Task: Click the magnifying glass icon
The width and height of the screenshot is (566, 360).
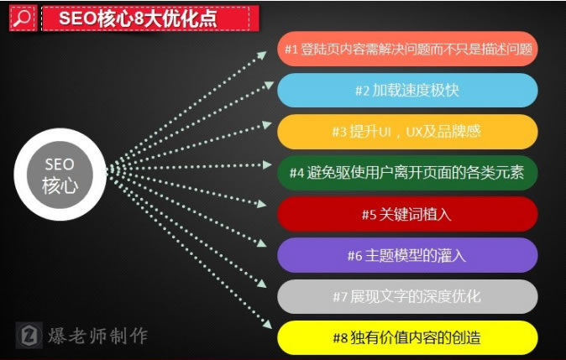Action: tap(23, 18)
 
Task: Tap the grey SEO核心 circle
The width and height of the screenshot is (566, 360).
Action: tap(60, 175)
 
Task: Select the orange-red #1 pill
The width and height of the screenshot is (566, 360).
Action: tap(407, 49)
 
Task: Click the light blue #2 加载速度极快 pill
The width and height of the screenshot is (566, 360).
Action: tap(407, 90)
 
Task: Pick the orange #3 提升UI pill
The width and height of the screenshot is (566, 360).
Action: tap(407, 132)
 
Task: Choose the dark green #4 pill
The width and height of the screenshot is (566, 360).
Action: tap(407, 173)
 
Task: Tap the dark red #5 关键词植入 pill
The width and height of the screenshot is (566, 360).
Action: tap(407, 214)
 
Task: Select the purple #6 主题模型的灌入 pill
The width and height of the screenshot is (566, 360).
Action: tap(407, 255)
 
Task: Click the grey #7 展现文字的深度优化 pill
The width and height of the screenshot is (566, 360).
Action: tap(407, 296)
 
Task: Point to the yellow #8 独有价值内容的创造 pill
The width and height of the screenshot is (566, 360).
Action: tap(407, 338)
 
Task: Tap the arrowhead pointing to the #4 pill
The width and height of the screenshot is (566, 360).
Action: tap(267, 164)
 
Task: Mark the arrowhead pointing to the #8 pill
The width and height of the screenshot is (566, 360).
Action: tap(267, 324)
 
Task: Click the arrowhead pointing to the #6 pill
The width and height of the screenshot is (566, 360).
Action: tap(262, 243)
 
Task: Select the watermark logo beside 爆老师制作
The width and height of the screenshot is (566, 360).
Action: tap(29, 335)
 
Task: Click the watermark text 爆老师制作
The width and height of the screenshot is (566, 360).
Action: tap(97, 336)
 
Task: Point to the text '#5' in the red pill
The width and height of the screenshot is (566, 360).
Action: tap(369, 215)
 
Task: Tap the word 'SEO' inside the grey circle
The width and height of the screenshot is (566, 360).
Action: tap(60, 164)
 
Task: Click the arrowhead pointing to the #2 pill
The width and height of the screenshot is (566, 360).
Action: tap(268, 85)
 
